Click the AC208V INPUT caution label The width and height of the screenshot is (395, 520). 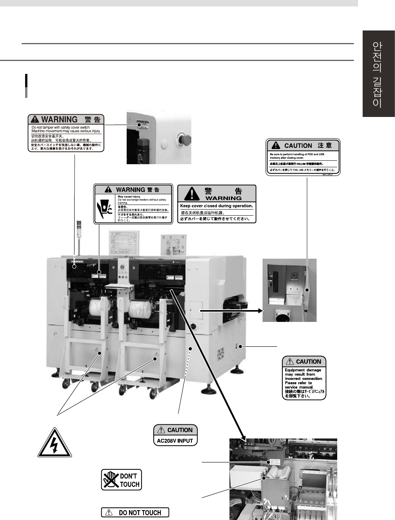175,435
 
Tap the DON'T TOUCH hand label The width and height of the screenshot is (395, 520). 121,480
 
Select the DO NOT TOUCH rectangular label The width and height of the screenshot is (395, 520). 135,513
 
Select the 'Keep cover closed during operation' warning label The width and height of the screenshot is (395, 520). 217,204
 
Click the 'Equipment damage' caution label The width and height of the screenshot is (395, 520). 304,378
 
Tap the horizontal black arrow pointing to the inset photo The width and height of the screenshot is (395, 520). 231,311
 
